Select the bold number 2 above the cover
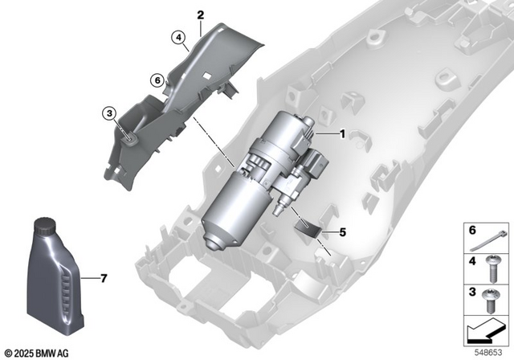[200, 14]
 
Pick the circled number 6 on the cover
[157, 79]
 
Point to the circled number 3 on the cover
[108, 115]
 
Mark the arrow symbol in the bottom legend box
[486, 329]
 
